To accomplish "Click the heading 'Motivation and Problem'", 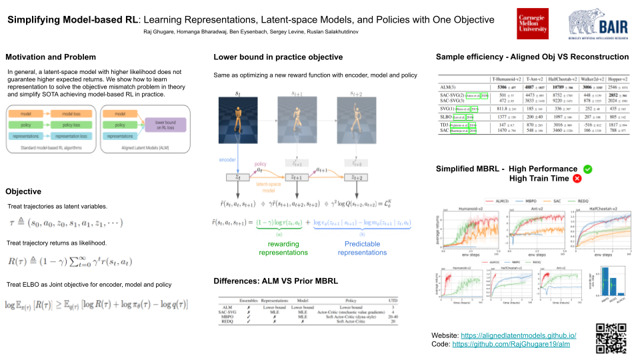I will [51, 57].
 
